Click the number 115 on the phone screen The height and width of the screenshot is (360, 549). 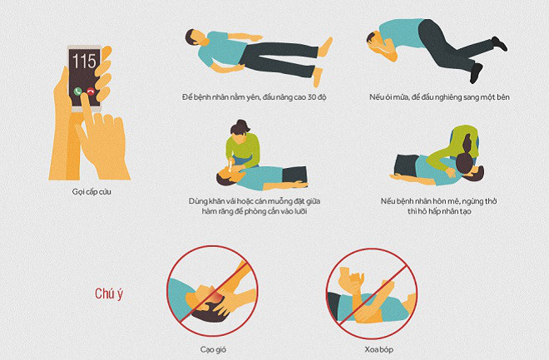click(85, 61)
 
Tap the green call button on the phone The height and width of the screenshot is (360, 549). click(77, 91)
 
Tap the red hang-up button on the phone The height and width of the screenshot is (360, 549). click(91, 91)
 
